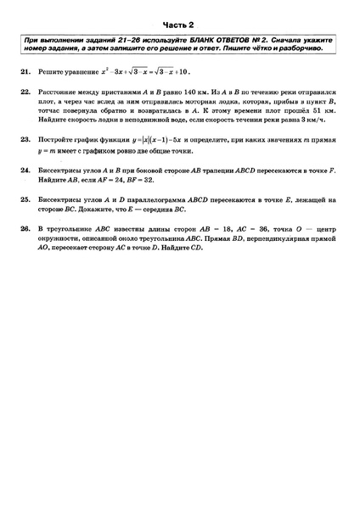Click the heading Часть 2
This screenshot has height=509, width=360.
coord(180,25)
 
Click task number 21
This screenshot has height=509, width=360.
coord(25,74)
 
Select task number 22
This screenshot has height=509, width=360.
coord(25,90)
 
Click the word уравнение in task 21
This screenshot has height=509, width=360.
coord(77,74)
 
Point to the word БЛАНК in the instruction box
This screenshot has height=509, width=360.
coord(180,42)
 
